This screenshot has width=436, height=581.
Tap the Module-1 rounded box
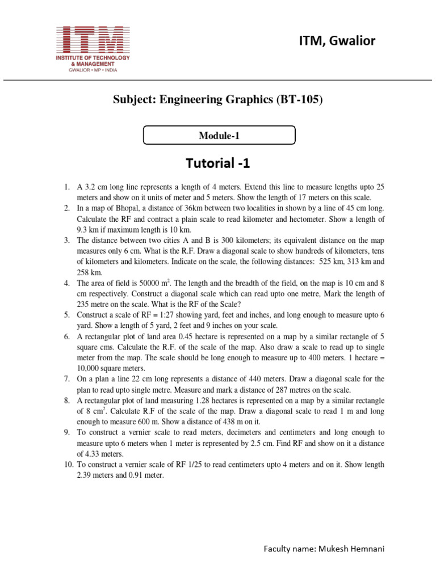pos(219,136)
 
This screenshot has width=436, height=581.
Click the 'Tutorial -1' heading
pos(218,164)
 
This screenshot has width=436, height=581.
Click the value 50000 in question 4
pos(152,283)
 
